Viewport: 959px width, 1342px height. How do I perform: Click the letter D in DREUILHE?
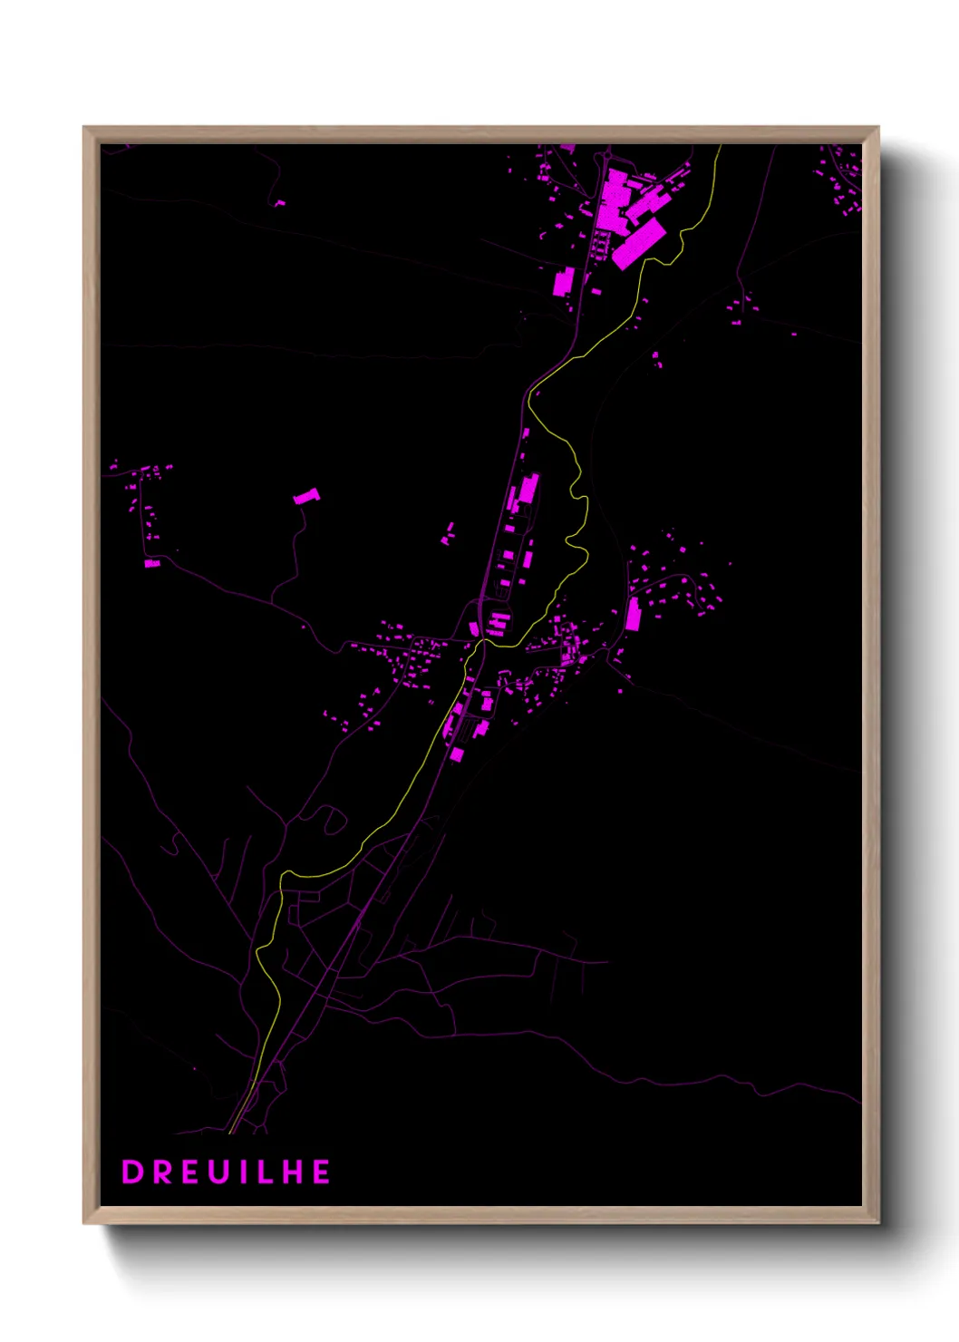tap(132, 1172)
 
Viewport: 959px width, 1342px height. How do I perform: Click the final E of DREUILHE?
tap(321, 1172)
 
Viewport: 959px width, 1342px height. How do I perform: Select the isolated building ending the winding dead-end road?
tap(306, 496)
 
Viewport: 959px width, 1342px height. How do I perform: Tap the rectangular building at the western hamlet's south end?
tap(152, 563)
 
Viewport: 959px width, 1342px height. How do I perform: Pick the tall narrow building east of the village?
tap(633, 614)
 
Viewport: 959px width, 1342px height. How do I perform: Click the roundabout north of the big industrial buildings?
tap(603, 160)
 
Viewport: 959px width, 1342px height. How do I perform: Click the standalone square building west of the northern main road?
tap(563, 281)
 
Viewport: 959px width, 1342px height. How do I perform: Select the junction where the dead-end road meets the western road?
tap(272, 602)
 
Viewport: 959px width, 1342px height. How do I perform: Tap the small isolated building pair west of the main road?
tap(448, 533)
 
